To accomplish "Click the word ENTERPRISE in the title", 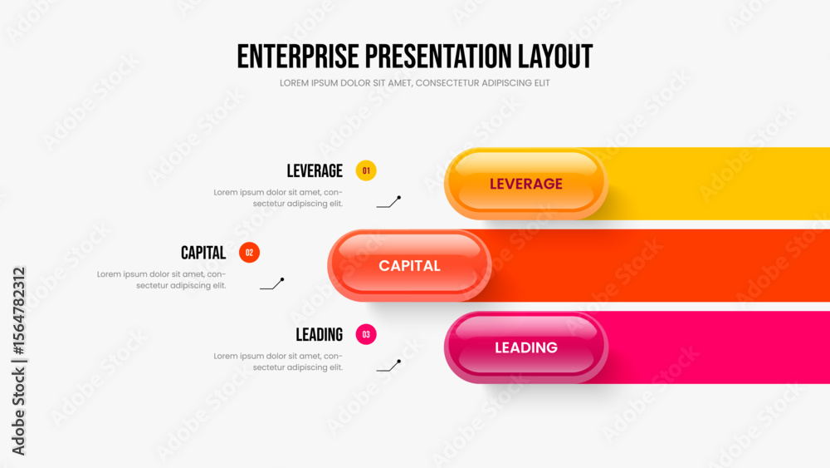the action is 298,57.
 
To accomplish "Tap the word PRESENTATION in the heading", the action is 438,57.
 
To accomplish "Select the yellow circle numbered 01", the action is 366,170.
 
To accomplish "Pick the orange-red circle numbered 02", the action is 249,253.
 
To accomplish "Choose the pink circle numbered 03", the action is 366,334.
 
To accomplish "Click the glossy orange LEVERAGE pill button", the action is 526,184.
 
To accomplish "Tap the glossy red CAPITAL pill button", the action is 409,265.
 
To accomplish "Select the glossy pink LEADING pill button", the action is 526,347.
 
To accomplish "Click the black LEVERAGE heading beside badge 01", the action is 315,171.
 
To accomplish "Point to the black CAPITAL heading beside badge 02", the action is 203,253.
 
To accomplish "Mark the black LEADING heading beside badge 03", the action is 320,335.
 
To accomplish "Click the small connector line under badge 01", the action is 388,202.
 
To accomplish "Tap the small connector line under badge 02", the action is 272,284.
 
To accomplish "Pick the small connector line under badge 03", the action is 388,366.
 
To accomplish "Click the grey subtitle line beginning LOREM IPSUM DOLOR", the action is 414,83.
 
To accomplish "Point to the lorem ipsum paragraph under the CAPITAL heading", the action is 162,280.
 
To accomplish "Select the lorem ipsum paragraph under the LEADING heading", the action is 278,362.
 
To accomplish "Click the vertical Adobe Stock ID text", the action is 18,361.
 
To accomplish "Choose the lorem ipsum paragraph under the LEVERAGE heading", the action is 278,198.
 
